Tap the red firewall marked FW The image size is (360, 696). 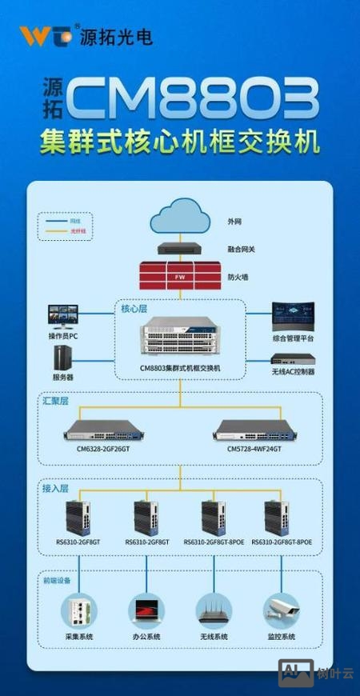coord(180,277)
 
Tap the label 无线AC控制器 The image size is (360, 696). coord(293,372)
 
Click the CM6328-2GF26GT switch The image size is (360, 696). coord(106,432)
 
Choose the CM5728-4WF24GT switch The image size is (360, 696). coord(254,432)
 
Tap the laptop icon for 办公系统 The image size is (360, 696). coord(146,610)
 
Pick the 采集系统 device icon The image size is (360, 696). coord(78,610)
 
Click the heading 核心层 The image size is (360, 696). coord(134,308)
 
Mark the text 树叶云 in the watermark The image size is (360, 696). coord(337,673)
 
